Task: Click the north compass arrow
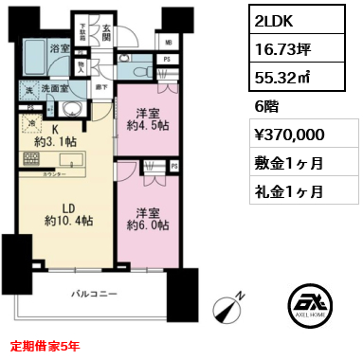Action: point(227,308)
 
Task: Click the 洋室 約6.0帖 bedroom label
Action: point(146,220)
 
